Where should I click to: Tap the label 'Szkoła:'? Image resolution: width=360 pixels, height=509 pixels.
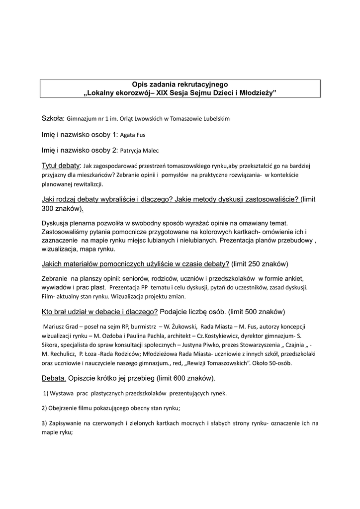pyautogui.click(x=53, y=118)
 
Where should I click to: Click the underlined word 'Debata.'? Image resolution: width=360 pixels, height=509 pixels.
pyautogui.click(x=54, y=378)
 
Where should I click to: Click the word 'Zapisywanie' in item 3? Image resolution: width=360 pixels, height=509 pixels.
pyautogui.click(x=66, y=424)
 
